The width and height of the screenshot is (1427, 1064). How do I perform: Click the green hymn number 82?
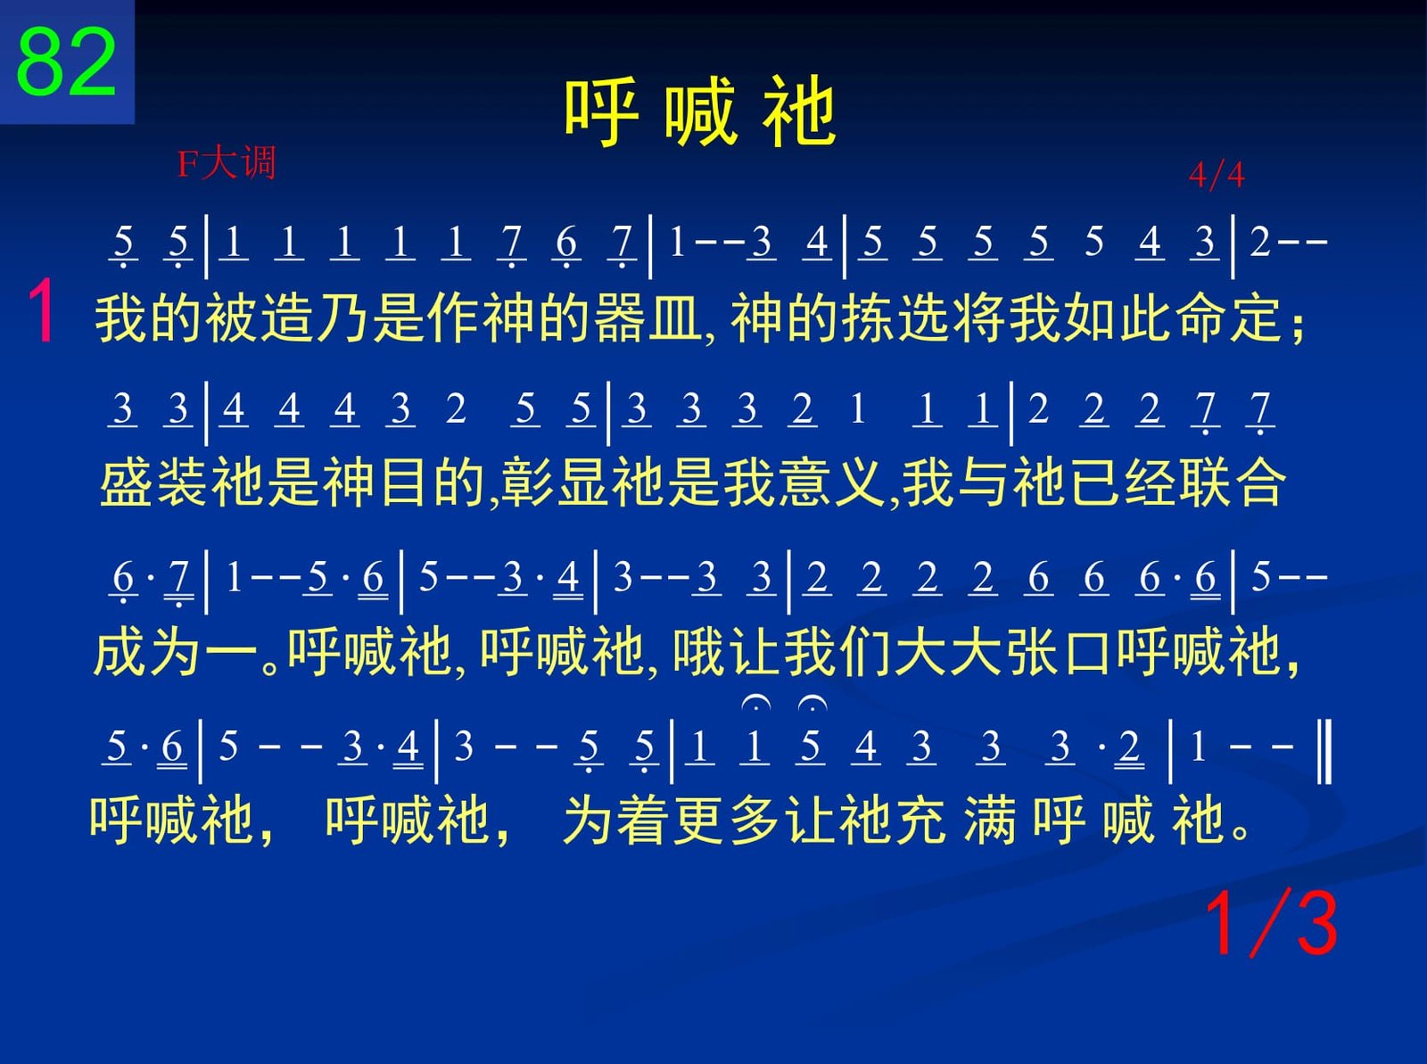coord(66,62)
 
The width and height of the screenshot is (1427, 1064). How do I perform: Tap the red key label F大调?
coord(227,162)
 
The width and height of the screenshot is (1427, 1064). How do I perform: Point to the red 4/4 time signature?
coord(1217,175)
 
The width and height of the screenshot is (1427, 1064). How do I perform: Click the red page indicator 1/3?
coord(1272,924)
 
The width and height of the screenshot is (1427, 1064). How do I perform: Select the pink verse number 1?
coord(42,310)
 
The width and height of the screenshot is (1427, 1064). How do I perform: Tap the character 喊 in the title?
coord(701,111)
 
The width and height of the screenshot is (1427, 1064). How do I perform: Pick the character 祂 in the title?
coord(798,111)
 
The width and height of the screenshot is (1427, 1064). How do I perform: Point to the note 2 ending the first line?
coord(1260,242)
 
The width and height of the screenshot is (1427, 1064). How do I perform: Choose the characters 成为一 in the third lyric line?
coord(176,651)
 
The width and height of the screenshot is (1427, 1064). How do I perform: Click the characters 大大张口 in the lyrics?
coord(1003,651)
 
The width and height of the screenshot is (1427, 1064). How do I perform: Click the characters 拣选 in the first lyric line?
coord(896,318)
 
